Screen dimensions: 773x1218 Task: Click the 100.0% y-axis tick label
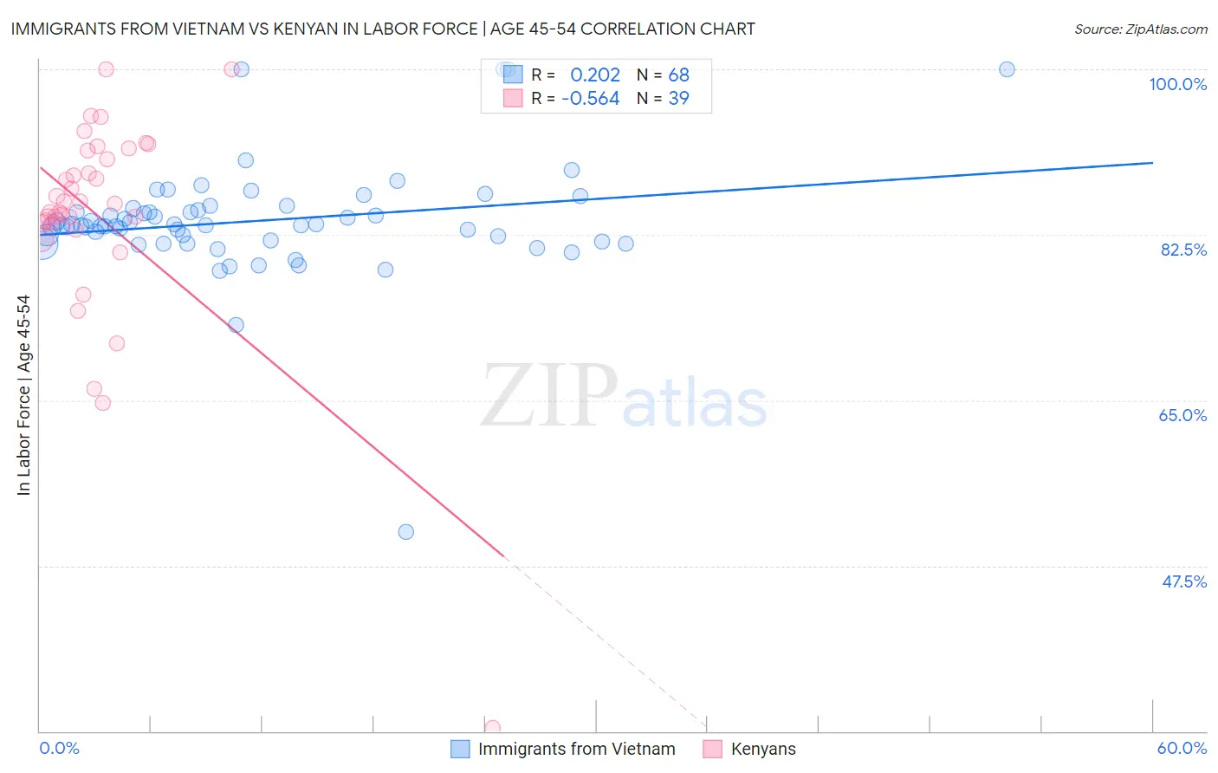1177,84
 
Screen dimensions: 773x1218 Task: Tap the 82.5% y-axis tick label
1183,250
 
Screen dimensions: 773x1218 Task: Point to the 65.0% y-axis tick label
1182,415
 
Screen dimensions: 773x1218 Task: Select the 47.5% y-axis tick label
1183,581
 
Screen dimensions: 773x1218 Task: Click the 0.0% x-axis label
59,748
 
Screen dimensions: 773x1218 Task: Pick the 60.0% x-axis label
1182,748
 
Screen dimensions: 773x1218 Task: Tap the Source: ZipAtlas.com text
1140,29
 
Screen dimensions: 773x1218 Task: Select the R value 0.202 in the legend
595,75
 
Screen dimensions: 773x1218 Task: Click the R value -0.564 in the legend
591,99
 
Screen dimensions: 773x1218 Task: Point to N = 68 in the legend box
663,75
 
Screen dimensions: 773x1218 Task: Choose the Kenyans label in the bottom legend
763,749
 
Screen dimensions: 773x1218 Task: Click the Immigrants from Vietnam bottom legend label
576,749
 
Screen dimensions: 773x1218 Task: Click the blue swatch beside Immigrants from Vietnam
460,749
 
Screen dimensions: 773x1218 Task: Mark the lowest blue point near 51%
405,532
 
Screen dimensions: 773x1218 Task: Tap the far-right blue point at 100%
1007,69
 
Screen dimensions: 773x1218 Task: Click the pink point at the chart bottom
492,728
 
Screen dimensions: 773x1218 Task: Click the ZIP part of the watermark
548,396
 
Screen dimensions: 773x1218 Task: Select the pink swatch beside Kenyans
712,749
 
